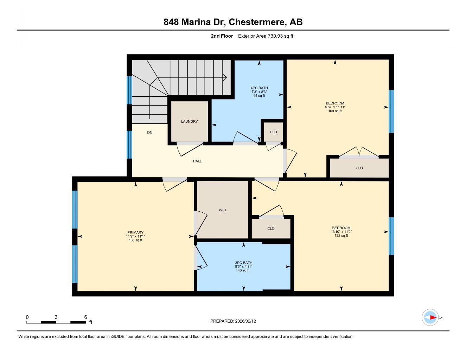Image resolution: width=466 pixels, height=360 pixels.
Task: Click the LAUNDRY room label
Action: [189, 122]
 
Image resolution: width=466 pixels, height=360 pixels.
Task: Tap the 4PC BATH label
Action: [259, 88]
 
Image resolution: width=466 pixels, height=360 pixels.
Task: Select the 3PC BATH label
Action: [243, 263]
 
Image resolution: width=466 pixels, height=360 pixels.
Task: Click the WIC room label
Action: [222, 210]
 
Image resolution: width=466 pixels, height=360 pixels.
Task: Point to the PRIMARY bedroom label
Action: [135, 232]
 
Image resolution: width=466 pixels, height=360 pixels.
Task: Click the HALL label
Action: [197, 161]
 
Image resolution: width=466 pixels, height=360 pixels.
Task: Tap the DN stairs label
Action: [150, 133]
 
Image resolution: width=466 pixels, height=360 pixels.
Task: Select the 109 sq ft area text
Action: [334, 111]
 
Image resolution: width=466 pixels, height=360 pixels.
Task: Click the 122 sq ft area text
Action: [341, 236]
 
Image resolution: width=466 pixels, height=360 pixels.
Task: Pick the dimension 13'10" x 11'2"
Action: [341, 232]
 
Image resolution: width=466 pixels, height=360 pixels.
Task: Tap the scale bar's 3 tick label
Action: [56, 317]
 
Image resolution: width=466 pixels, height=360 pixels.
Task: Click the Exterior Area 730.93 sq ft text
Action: [266, 36]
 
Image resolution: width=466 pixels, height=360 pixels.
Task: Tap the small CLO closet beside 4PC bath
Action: [273, 132]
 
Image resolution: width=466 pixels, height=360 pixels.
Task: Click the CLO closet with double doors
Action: [359, 168]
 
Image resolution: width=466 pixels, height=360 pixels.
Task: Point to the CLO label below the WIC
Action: [271, 229]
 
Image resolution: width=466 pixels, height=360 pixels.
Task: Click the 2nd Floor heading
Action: [222, 36]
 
